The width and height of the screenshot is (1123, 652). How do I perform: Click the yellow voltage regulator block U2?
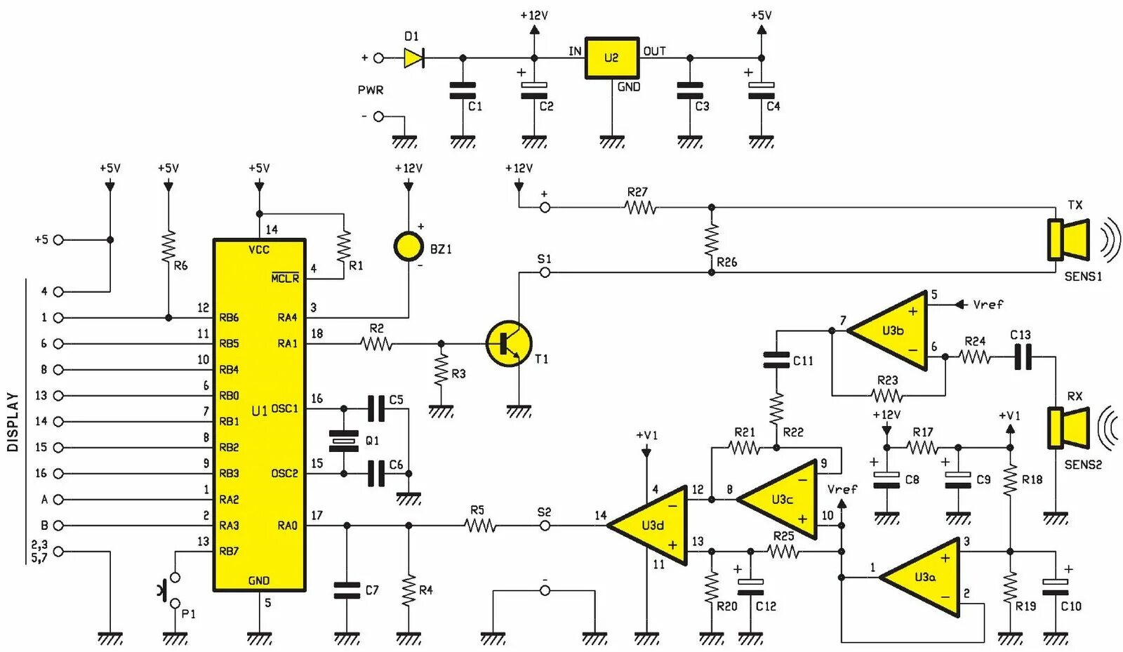(611, 58)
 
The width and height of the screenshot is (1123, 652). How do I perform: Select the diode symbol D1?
(414, 58)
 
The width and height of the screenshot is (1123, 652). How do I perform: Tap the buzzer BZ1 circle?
(408, 246)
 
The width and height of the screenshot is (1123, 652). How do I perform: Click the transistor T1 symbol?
(509, 344)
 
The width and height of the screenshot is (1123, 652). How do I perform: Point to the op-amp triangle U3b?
(890, 331)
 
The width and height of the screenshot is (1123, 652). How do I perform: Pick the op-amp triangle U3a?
(922, 578)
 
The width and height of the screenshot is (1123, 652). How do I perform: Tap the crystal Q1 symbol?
(344, 441)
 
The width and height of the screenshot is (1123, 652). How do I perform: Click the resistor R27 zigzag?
(640, 207)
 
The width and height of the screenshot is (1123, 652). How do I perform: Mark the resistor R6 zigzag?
(168, 246)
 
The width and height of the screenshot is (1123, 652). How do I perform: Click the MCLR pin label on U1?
(285, 278)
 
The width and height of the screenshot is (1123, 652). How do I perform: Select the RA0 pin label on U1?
(287, 525)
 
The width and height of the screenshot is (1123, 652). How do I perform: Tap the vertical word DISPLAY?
(13, 422)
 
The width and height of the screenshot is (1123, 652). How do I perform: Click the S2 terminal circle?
(545, 525)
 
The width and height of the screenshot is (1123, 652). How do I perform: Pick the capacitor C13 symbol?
(1023, 357)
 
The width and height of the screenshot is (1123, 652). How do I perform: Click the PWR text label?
(371, 91)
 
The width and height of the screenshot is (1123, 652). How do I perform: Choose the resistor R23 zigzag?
(887, 396)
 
